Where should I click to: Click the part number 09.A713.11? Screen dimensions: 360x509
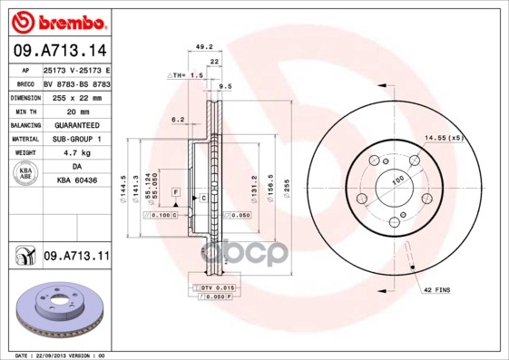75,258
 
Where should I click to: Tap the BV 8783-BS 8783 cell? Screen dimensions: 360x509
76,83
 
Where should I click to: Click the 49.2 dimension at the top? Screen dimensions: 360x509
204,46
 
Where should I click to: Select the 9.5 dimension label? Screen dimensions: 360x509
225,87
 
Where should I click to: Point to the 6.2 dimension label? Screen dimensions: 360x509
178,119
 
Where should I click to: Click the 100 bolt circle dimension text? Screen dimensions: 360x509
396,183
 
